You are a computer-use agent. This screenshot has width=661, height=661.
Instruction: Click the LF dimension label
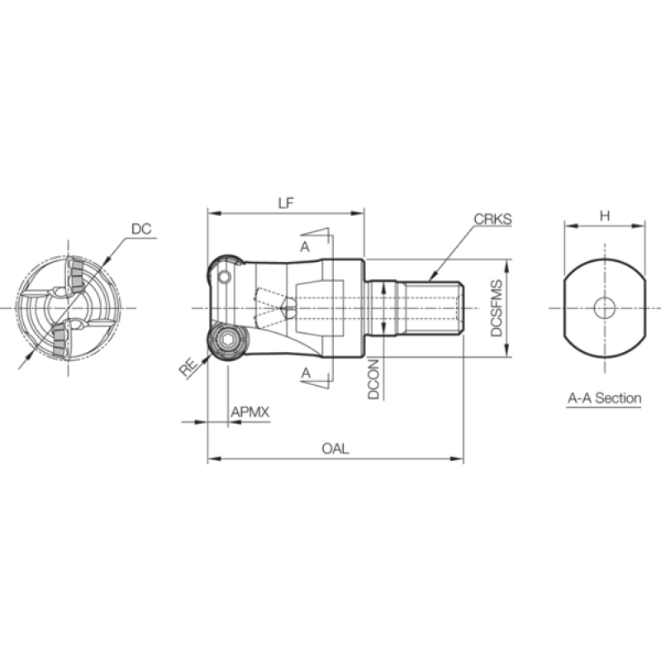pos(285,203)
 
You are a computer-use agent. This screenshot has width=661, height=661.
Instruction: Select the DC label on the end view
pos(141,229)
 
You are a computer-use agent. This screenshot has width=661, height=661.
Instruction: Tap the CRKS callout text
pos(492,219)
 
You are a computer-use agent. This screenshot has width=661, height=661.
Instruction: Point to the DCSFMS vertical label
pos(497,308)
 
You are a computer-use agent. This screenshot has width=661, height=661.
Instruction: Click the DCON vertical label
pos(373,379)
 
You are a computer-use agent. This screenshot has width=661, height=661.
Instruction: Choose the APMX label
pos(250,411)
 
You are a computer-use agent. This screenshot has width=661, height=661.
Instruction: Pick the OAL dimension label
pos(335,449)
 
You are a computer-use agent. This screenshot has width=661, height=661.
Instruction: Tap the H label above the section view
pos(605,216)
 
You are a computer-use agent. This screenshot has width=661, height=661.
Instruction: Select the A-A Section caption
pos(605,398)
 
